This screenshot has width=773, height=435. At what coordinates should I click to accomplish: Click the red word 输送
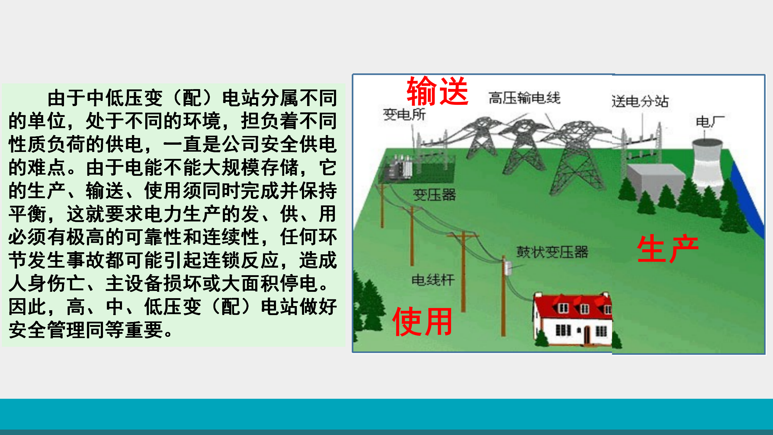438,91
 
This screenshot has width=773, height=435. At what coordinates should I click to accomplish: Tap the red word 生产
668,248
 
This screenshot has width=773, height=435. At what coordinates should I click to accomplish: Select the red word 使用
422,321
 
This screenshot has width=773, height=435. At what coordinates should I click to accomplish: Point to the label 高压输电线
524,98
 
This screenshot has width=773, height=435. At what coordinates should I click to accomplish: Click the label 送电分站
640,101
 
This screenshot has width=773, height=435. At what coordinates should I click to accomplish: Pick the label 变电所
404,114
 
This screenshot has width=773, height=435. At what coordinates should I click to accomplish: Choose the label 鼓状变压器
552,252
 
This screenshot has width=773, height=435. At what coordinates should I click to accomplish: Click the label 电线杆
433,280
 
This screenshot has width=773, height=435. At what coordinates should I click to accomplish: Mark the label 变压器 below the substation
434,195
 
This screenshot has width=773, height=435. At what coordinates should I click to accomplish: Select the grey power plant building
655,181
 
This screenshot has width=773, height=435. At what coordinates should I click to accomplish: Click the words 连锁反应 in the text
241,260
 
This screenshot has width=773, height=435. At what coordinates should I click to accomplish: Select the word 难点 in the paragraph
47,167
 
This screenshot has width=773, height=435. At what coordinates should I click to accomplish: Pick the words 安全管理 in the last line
47,330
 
